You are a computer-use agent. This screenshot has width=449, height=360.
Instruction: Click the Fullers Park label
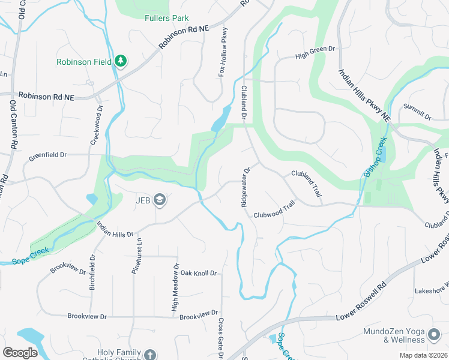point(167,18)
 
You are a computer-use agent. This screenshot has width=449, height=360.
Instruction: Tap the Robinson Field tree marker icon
point(121,61)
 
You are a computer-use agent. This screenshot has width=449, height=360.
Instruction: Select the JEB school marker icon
point(160,200)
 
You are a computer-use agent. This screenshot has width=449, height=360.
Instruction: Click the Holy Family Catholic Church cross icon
point(149,355)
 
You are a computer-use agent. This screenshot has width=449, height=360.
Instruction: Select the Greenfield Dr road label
point(46,155)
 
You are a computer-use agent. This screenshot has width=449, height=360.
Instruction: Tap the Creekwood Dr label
point(94,126)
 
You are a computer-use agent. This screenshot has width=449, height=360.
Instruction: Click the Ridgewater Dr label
point(245,187)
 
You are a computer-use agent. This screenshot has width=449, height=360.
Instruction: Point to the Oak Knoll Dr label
point(198,273)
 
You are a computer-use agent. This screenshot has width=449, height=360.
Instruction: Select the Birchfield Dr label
point(93,272)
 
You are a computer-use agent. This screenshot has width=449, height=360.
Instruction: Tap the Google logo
point(20,353)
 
